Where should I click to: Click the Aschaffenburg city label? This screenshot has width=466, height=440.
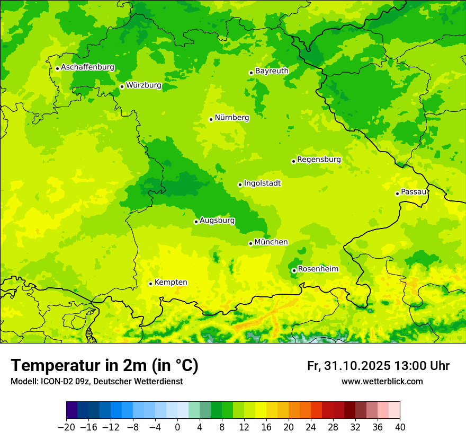pos(87,67)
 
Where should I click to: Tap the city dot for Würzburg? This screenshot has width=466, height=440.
pos(122,86)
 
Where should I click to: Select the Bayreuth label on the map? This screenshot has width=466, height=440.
pos(272,71)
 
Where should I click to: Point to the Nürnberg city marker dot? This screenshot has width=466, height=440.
pos(211,119)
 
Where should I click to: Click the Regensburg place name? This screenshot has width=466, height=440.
pos(319,159)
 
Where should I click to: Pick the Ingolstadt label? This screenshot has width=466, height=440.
pos(262,183)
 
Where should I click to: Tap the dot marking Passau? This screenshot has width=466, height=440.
pos(397,193)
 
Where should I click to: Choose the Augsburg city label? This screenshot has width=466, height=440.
pos(217,221)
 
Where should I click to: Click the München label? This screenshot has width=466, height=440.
pos(271,242)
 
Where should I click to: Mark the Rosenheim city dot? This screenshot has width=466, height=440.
pos(294,270)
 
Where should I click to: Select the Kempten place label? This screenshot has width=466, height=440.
pos(171,282)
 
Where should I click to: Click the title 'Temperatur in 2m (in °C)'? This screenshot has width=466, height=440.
pos(104,366)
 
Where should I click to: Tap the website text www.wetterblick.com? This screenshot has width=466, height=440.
pos(382,381)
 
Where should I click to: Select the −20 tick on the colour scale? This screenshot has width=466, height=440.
pos(66,427)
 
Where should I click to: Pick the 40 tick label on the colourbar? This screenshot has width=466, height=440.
pos(400,427)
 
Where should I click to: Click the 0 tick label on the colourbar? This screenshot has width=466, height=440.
pos(177,427)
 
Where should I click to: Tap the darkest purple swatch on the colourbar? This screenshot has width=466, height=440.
pos(71,410)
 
